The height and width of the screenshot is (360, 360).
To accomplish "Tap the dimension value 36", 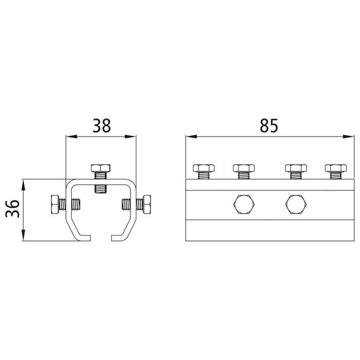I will tap(11, 210).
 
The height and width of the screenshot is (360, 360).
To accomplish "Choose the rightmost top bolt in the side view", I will tap(334, 168).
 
